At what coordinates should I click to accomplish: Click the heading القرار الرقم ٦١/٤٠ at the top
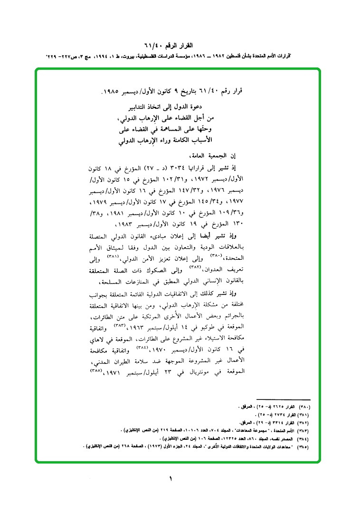click(x=180, y=46)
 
